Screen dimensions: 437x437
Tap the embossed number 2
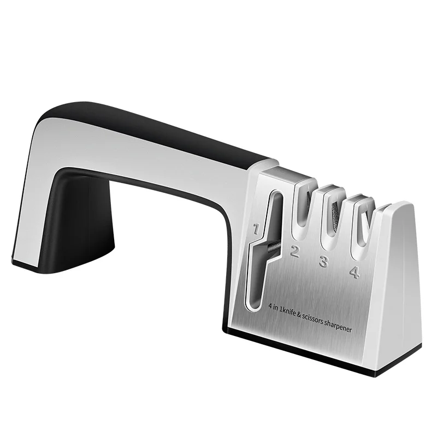click(x=295, y=252)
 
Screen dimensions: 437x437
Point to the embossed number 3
click(x=323, y=262)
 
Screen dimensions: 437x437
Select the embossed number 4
click(x=354, y=271)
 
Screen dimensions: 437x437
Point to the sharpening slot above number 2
click(x=302, y=210)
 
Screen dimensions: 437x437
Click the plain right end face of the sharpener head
click(x=401, y=284)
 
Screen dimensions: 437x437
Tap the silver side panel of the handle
click(x=137, y=150)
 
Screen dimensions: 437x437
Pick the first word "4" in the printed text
click(x=270, y=308)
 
